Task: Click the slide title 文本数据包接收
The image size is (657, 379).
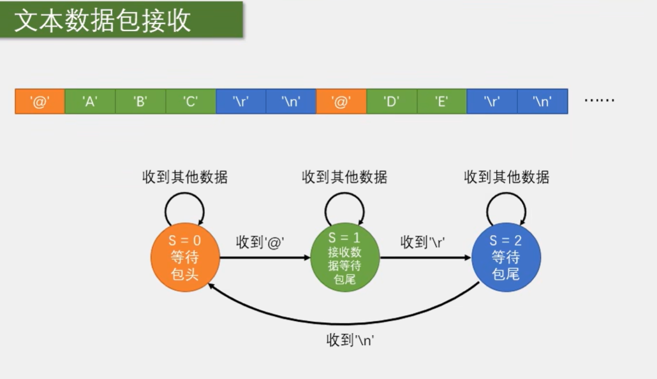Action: click(x=103, y=20)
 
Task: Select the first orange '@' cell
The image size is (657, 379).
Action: click(x=40, y=101)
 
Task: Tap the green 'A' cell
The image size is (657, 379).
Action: click(x=90, y=101)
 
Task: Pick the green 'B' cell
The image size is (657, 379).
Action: click(x=140, y=101)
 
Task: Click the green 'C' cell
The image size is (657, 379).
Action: click(x=191, y=101)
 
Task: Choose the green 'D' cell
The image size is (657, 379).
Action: click(x=392, y=101)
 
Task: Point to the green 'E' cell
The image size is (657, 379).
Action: click(x=441, y=101)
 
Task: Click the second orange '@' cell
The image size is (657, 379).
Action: click(x=341, y=101)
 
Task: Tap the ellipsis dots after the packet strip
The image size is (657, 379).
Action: click(x=599, y=101)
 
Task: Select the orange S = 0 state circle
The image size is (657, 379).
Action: click(x=185, y=257)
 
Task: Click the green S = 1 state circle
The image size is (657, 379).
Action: click(x=344, y=257)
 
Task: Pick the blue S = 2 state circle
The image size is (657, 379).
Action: click(x=506, y=257)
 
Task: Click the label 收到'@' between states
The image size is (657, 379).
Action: click(x=260, y=242)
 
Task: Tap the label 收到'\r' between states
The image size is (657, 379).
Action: click(x=422, y=242)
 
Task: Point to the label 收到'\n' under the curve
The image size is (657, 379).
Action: click(x=350, y=340)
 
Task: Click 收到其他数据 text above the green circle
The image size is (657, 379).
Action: click(x=344, y=177)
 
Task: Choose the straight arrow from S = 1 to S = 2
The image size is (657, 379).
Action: click(x=424, y=258)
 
